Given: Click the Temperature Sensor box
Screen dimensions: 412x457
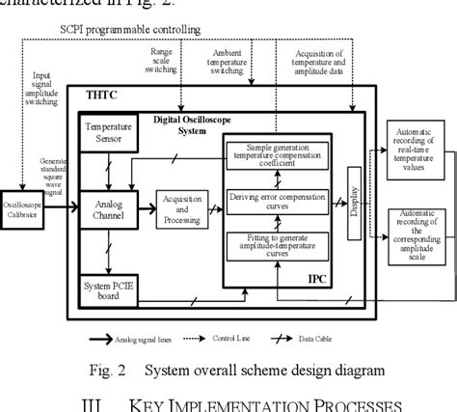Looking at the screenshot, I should [x=109, y=134].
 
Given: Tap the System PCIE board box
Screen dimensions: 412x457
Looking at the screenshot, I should [x=108, y=288].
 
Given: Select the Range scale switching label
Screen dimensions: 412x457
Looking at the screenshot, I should [x=165, y=60].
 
